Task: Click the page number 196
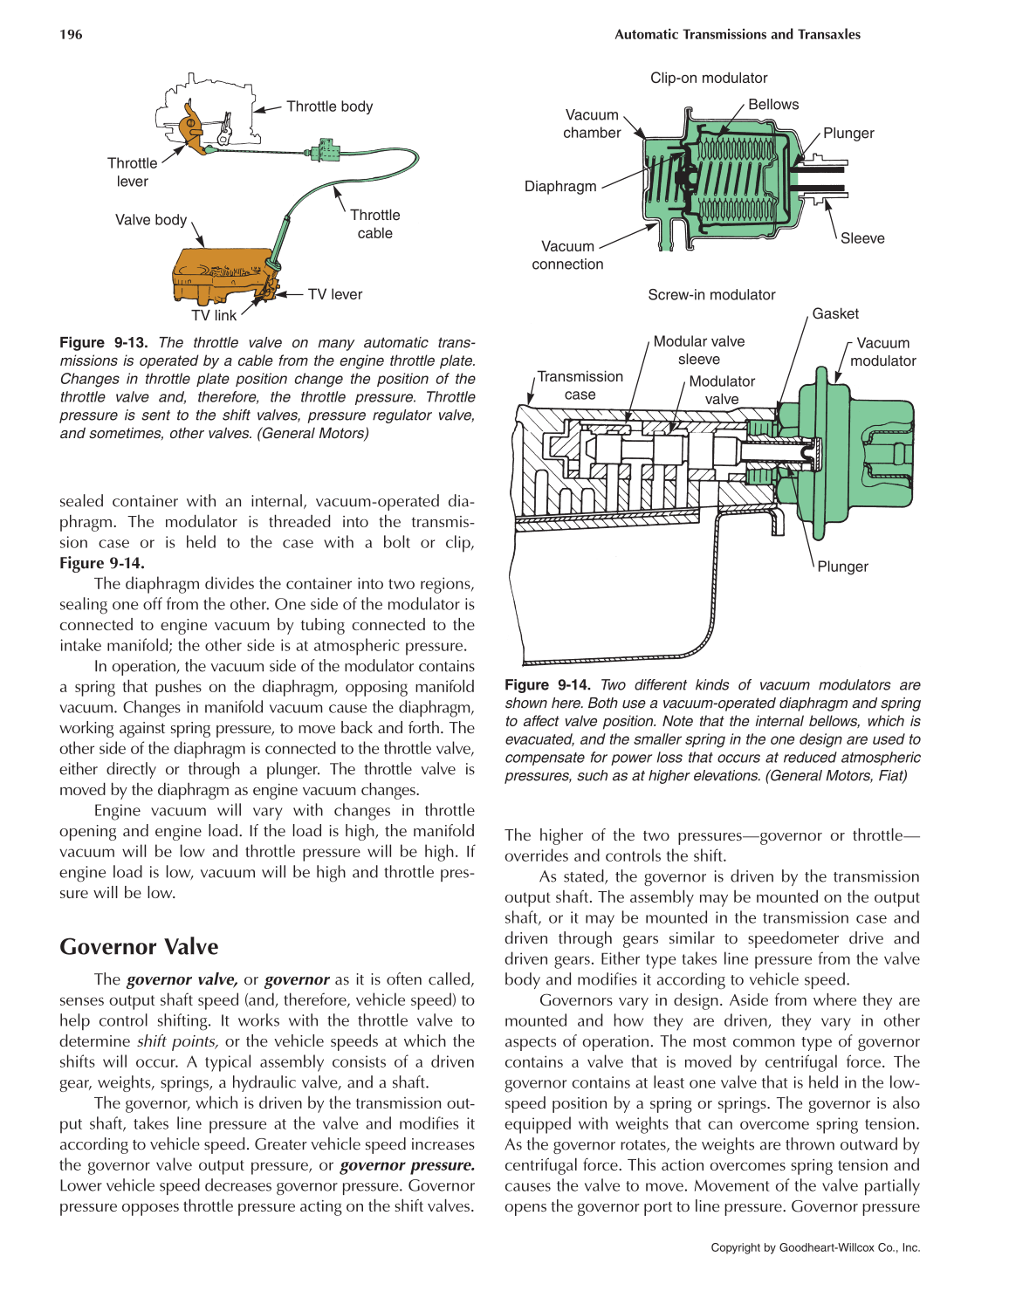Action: click(x=71, y=35)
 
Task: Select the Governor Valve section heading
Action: click(x=139, y=947)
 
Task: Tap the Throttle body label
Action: click(x=329, y=106)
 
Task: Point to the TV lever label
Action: click(x=334, y=295)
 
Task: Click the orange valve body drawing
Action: click(x=218, y=272)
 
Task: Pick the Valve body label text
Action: click(x=151, y=220)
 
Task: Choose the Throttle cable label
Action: click(x=375, y=224)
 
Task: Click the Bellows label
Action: click(x=773, y=105)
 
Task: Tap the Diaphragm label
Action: click(x=560, y=187)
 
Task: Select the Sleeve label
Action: click(x=862, y=238)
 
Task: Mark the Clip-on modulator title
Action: click(x=709, y=79)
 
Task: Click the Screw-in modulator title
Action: click(x=711, y=295)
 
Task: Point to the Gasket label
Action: click(x=835, y=314)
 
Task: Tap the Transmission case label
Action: click(x=580, y=386)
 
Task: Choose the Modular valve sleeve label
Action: click(x=699, y=350)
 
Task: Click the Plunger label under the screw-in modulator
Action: click(x=842, y=567)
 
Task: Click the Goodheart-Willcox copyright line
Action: click(x=815, y=1248)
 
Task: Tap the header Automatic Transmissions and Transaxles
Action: click(x=738, y=35)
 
